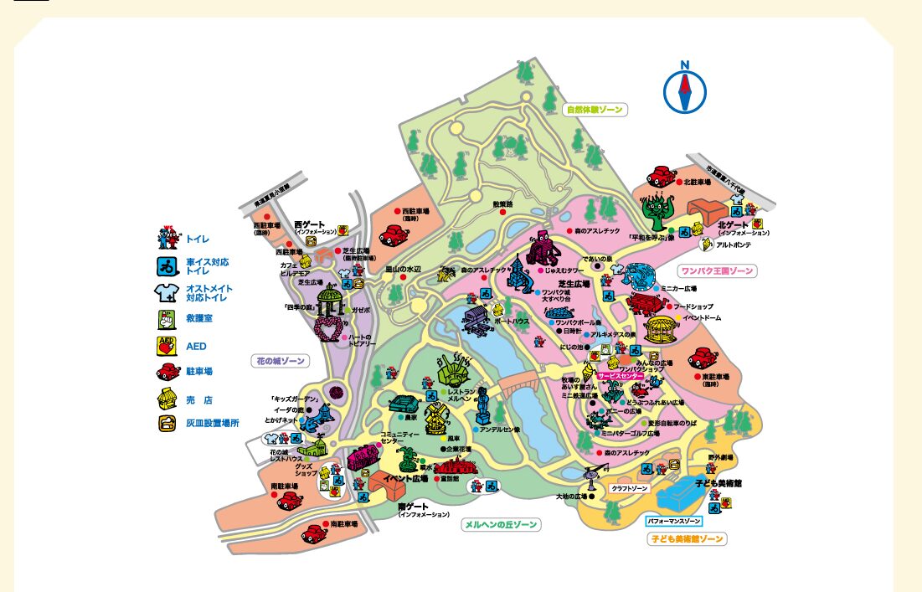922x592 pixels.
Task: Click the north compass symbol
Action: (x=685, y=89)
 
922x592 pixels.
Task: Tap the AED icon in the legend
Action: (x=167, y=345)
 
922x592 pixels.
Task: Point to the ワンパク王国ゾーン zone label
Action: (x=718, y=270)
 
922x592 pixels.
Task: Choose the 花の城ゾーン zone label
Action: (x=280, y=361)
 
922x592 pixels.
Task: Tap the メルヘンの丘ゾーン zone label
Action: (x=501, y=524)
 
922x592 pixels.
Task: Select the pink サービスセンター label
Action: (x=621, y=377)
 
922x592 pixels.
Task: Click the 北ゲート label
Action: (x=734, y=224)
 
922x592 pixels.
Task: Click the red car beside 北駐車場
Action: (x=662, y=178)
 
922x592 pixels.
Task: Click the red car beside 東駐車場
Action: (x=703, y=358)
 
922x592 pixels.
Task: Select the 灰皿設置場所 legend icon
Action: (x=167, y=423)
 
